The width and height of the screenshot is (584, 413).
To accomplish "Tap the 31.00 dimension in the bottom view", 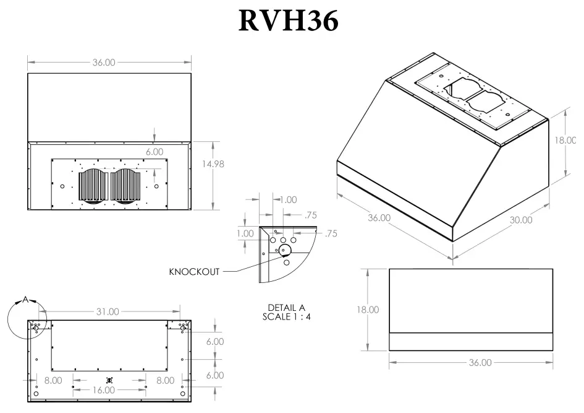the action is coord(107,311).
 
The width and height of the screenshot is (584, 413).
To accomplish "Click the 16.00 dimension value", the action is coord(104,390).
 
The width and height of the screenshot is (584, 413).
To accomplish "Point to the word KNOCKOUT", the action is coord(193,272).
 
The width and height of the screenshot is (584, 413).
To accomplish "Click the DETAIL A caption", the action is coord(286,308).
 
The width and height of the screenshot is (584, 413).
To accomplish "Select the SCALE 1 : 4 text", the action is coord(286,317).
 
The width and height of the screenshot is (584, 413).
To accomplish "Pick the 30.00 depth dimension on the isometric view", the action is coord(520,220).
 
